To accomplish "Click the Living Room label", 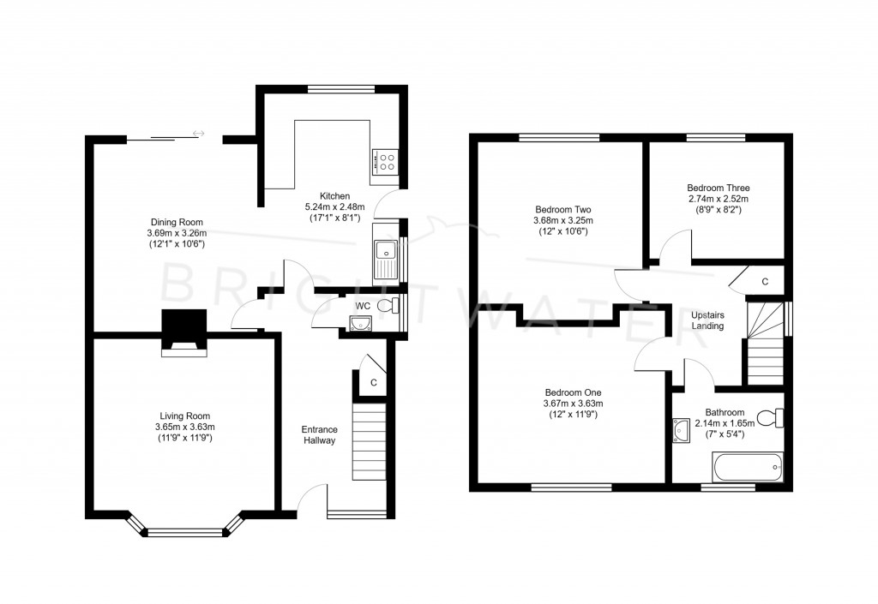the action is tap(185, 416).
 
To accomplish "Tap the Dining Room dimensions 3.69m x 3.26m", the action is tap(177, 233).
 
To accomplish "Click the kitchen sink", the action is tap(386, 260).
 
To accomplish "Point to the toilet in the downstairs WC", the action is tap(388, 306).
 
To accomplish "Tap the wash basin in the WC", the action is tap(360, 323).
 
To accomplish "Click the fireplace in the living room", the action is tap(184, 333).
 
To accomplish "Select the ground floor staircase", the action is tap(369, 441).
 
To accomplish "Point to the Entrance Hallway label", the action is tap(319, 435).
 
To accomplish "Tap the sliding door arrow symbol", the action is tap(199, 133).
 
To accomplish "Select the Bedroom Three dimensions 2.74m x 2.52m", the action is tap(719, 199).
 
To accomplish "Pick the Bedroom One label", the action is tap(574, 392).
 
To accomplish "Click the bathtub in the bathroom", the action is tap(748, 467).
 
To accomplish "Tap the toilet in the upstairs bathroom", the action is tap(770, 418).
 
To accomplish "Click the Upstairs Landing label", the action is tap(707, 320).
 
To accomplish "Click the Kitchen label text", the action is tap(335, 195).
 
